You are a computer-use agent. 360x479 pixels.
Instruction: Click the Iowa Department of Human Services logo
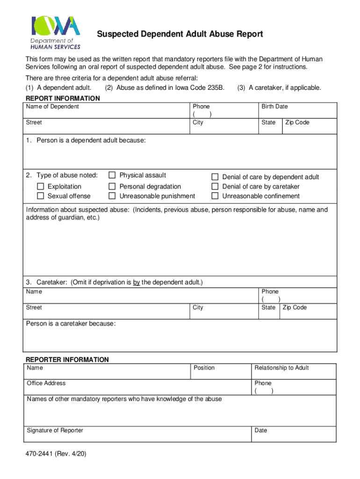click(56, 32)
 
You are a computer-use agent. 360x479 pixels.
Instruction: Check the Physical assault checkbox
click(112, 175)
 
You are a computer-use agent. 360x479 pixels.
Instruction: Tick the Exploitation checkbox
click(41, 187)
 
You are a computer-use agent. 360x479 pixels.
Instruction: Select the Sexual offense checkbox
click(41, 196)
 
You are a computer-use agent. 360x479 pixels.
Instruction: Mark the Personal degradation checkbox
click(112, 187)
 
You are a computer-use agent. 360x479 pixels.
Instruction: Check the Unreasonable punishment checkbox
click(112, 196)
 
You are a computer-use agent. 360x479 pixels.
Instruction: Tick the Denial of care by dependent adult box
click(215, 177)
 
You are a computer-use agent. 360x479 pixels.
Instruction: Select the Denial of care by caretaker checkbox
click(215, 187)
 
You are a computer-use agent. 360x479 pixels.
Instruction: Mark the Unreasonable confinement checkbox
click(215, 196)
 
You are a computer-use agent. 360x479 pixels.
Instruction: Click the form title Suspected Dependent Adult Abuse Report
click(180, 34)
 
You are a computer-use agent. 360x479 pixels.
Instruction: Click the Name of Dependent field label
click(52, 107)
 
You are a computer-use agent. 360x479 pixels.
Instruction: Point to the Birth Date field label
click(274, 107)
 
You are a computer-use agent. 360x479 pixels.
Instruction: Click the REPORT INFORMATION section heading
click(62, 98)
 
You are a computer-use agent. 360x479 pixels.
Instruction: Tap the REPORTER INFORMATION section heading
click(67, 360)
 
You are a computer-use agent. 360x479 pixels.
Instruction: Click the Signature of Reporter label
click(55, 430)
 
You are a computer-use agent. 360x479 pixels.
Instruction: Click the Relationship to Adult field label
click(281, 368)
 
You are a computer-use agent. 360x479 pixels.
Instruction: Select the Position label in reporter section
click(204, 368)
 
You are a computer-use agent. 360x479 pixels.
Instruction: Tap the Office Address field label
click(46, 383)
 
